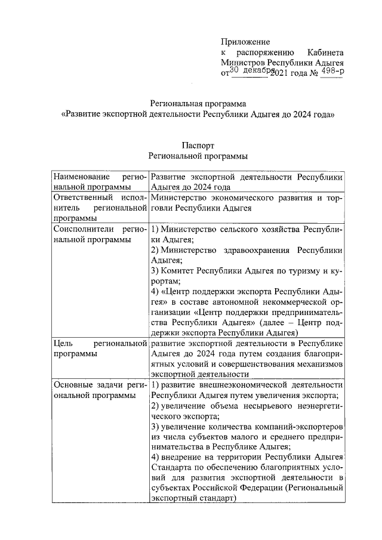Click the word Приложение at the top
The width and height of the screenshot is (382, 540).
(245, 42)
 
